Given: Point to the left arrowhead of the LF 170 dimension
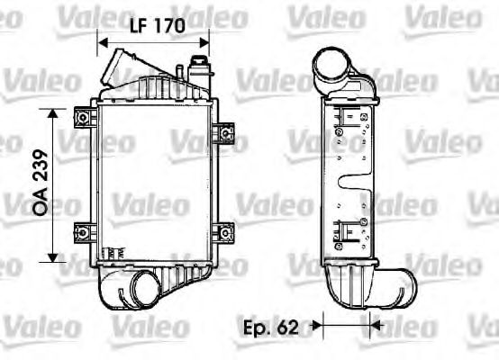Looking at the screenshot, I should point(103,41).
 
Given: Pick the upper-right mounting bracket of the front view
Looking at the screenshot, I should point(223,133).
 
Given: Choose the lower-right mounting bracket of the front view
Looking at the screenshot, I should point(223,232).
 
